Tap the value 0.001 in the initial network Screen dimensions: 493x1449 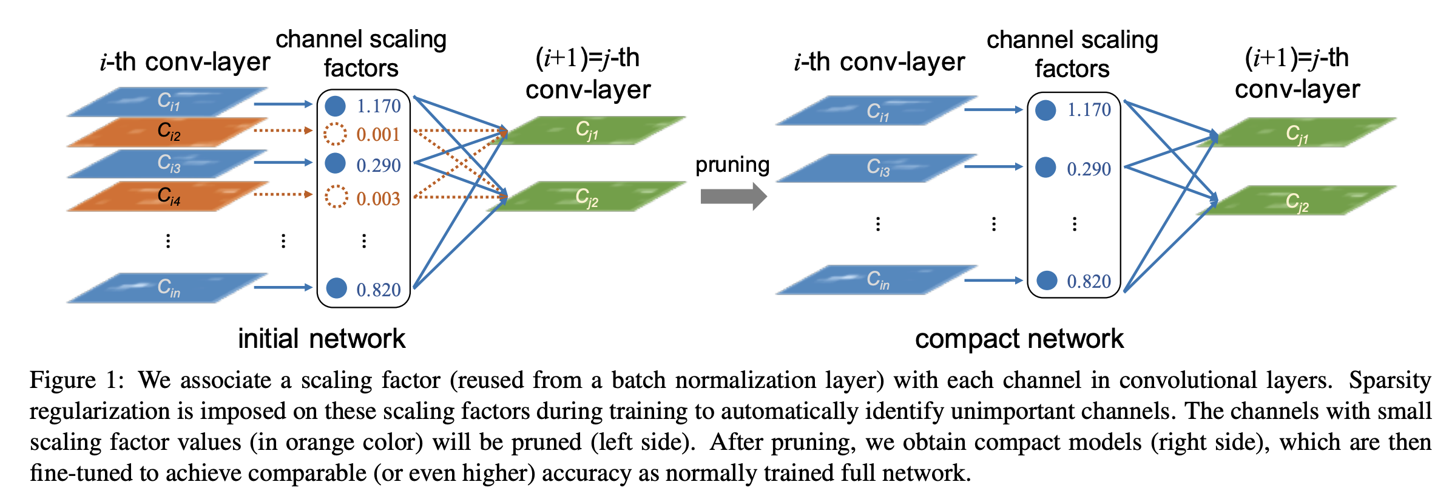point(378,134)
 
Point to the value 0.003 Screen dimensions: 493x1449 point(378,199)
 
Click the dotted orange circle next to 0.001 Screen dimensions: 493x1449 point(335,134)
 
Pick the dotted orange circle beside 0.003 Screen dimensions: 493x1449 point(336,197)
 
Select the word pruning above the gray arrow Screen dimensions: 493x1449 point(732,165)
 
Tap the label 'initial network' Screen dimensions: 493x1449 point(321,339)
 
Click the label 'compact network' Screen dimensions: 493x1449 point(1019,339)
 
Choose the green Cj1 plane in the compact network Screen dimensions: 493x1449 point(1297,133)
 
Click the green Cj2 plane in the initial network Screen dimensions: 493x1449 point(586,197)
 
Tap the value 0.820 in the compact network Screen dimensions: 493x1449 point(1089,281)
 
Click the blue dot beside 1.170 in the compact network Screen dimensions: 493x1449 point(1045,110)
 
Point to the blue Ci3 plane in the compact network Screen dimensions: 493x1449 point(877,168)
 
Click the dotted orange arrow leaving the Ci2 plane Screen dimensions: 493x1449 point(282,130)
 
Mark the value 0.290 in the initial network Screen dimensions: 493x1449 point(378,165)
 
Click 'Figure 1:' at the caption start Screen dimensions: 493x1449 point(76,381)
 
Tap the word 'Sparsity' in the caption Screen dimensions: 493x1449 point(1390,381)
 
